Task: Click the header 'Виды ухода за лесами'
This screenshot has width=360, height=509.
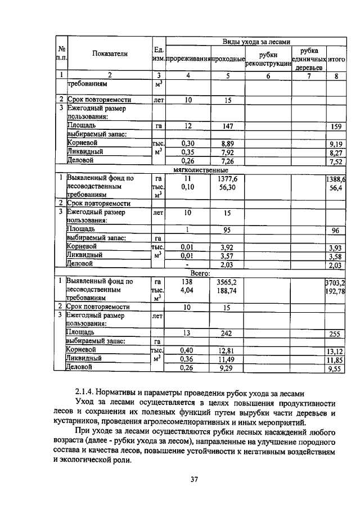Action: click(256, 41)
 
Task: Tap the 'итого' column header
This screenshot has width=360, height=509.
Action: click(336, 58)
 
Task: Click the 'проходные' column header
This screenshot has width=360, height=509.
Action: click(228, 58)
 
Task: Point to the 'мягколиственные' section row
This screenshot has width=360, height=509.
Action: click(200, 169)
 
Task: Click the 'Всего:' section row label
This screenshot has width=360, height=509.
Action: click(200, 272)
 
